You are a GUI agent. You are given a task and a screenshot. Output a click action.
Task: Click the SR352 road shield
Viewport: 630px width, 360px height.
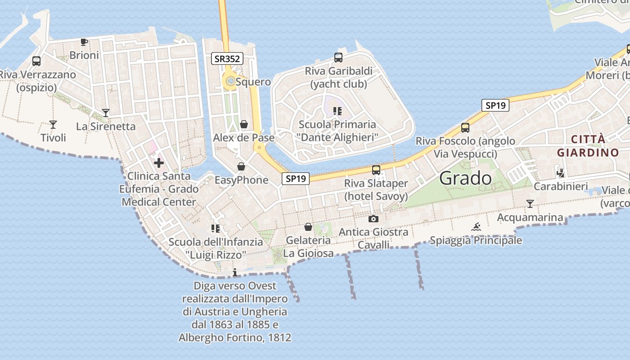pos(227,58)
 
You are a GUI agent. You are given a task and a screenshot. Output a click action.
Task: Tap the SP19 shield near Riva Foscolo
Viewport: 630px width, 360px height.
pos(495,106)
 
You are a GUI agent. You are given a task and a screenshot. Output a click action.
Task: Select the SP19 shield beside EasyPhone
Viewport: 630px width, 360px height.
pos(296,179)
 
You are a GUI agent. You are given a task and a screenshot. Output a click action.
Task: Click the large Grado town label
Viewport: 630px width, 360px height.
pos(465,179)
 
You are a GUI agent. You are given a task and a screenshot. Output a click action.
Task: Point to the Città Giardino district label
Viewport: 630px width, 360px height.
pos(588,146)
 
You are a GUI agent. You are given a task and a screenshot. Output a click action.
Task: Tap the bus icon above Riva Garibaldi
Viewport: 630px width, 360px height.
pos(338,58)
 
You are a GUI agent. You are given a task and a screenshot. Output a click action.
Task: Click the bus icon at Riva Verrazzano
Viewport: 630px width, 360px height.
pos(36,61)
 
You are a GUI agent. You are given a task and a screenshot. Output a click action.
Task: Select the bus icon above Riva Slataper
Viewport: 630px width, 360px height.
pos(376,170)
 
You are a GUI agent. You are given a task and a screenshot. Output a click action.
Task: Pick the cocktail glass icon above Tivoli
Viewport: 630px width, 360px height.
pos(53,125)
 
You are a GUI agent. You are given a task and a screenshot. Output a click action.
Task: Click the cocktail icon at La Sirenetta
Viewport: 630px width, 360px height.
pos(106,113)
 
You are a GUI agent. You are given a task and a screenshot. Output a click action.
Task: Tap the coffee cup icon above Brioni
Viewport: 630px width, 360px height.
pos(84,42)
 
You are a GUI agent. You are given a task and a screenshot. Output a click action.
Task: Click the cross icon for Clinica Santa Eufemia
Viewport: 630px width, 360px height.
pos(159,163)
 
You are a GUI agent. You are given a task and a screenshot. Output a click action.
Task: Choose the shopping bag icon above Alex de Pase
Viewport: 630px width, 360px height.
pos(244,124)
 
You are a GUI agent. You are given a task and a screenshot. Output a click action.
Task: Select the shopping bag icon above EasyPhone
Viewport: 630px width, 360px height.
pos(241,167)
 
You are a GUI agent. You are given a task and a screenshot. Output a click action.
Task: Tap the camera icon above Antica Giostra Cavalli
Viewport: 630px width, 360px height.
pos(373,219)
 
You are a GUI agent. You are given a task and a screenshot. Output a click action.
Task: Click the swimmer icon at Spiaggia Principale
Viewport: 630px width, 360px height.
pos(476,227)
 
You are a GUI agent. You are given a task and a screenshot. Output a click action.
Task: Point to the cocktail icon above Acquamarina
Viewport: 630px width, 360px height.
pos(530,204)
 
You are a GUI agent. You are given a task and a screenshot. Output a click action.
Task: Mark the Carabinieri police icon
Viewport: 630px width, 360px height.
pos(561,173)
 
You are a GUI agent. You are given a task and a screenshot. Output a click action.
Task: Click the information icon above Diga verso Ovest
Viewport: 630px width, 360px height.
pos(234,272)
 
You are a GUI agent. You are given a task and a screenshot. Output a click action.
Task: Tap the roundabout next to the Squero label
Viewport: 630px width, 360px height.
pos(230,81)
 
